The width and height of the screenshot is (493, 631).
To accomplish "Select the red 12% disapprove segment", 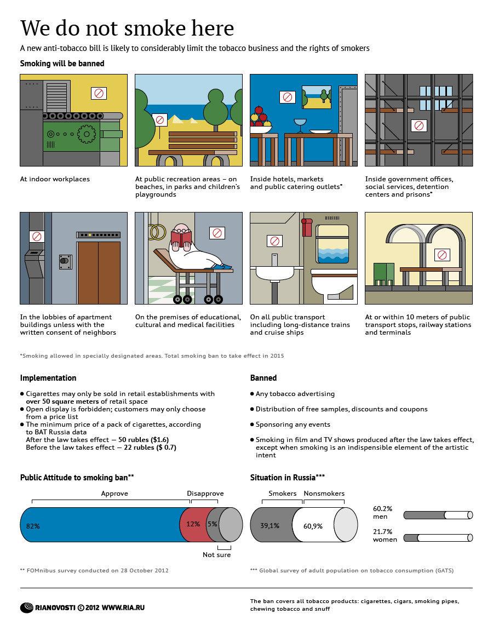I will (x=192, y=524).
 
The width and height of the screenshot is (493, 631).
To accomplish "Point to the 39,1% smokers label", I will (x=270, y=526).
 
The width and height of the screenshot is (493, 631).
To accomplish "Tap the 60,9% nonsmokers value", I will (x=313, y=526).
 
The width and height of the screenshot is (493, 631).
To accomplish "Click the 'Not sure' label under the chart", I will (x=216, y=555).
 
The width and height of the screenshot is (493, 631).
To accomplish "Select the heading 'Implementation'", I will (x=48, y=378).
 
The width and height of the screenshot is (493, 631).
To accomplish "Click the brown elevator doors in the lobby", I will (x=99, y=272).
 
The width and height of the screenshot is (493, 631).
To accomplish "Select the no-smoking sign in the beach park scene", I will (x=159, y=119).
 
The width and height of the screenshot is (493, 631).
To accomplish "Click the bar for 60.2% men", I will (x=438, y=515).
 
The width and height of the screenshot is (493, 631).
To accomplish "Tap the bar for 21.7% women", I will (x=438, y=538).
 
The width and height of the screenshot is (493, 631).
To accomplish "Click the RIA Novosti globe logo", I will (x=27, y=607).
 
